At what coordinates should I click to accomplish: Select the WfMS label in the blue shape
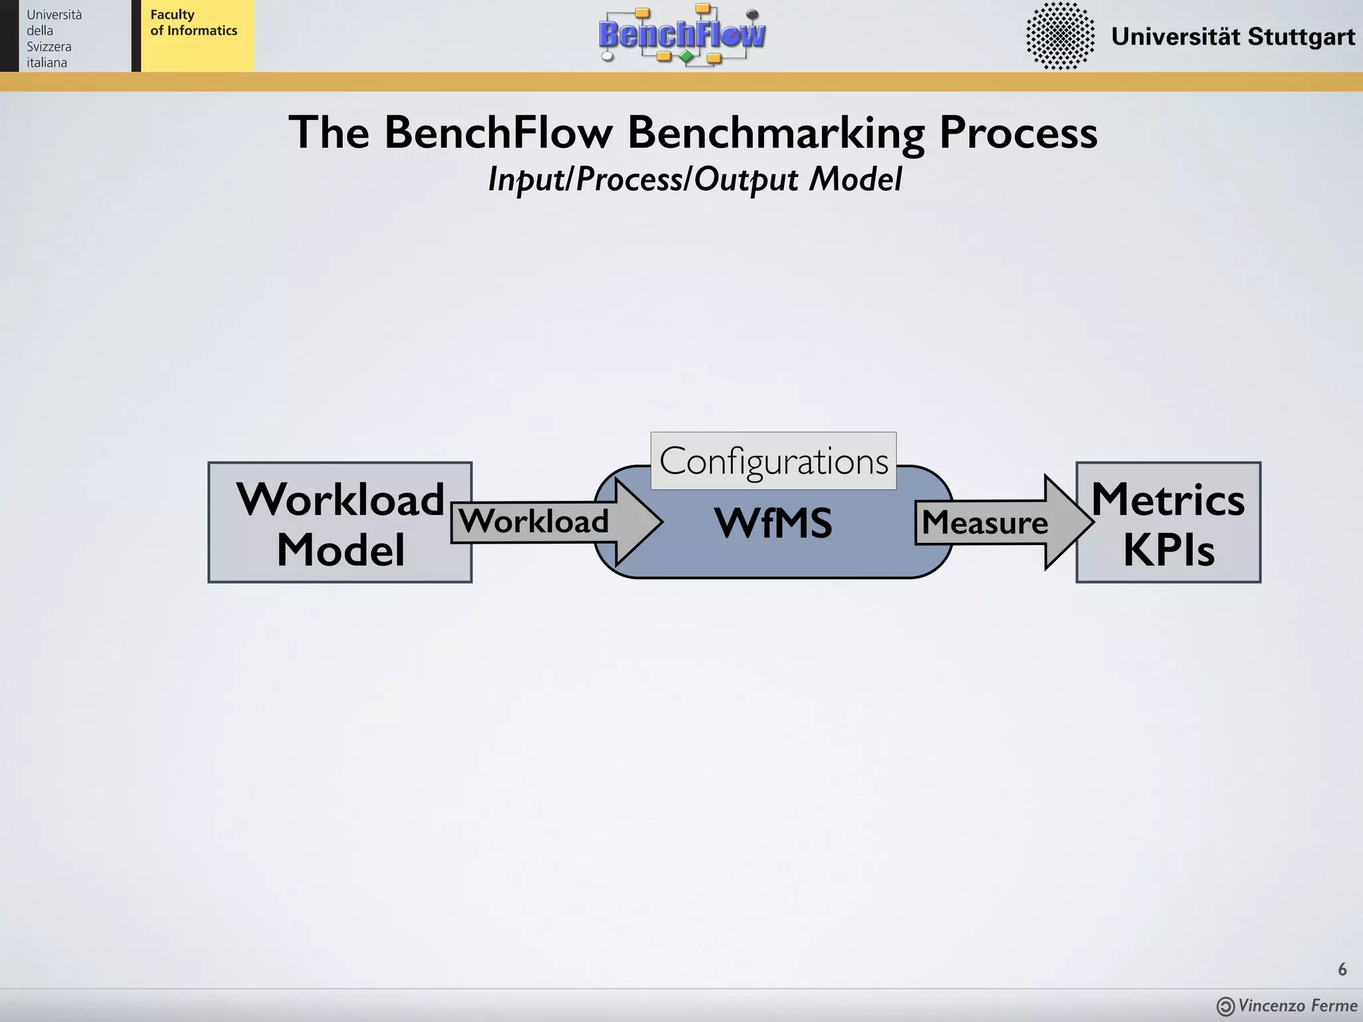click(x=773, y=524)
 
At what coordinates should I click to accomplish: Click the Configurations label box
click(x=773, y=461)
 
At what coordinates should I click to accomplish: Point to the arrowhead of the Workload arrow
click(x=638, y=522)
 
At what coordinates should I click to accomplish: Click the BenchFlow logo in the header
click(x=681, y=35)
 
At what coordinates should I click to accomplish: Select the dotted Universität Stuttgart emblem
click(x=1060, y=36)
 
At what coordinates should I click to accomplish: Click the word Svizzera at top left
click(x=49, y=47)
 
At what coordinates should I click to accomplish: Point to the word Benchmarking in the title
click(x=776, y=132)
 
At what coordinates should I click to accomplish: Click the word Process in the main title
click(x=1018, y=132)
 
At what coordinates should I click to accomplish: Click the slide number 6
click(x=1342, y=969)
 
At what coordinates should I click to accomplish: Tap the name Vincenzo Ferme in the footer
click(x=1297, y=1005)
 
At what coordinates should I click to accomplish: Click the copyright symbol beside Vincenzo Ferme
click(x=1225, y=1007)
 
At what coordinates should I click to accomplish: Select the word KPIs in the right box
click(x=1169, y=550)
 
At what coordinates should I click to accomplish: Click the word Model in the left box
click(x=340, y=550)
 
